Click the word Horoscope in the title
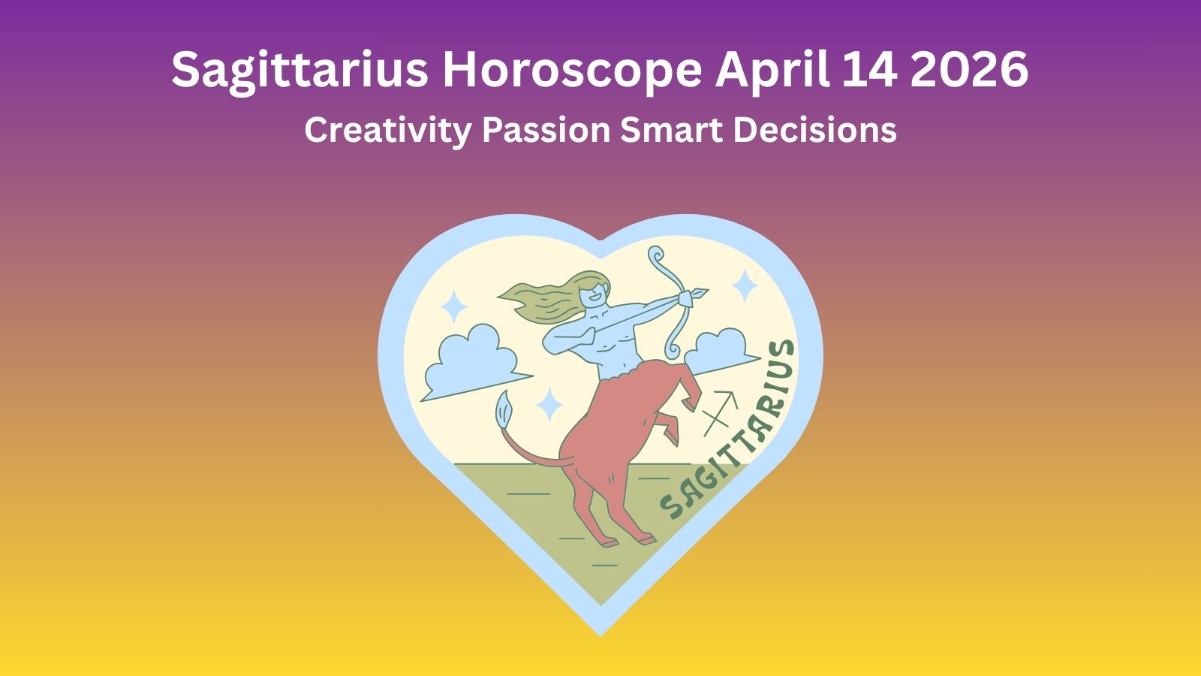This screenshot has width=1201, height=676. [x=572, y=71]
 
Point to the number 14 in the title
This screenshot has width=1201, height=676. [x=870, y=71]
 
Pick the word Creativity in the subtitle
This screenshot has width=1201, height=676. [x=387, y=130]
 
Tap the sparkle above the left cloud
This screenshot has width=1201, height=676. [x=453, y=306]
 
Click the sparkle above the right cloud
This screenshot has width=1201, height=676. [x=745, y=285]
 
